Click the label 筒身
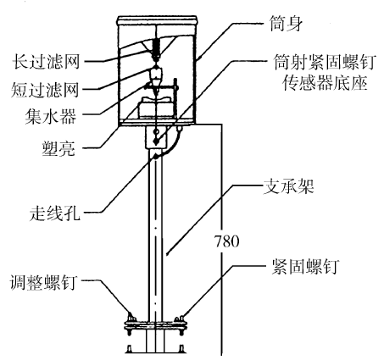coord(286,23)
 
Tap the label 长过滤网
coord(47,61)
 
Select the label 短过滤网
coord(45,89)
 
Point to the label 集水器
coord(51,116)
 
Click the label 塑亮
coord(58,147)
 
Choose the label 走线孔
coord(55,212)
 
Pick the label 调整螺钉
coord(43,281)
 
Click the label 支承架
coord(288,186)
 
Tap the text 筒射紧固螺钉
coord(325,62)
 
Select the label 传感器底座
coord(325,82)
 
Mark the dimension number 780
coord(227,241)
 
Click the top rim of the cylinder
coord(157,20)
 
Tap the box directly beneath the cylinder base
coord(156,137)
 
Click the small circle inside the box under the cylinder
coord(156,131)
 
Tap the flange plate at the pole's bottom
coord(156,324)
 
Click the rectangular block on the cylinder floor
coord(155,109)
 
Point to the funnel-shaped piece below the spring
coord(156,74)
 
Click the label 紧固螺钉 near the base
coord(305,266)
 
